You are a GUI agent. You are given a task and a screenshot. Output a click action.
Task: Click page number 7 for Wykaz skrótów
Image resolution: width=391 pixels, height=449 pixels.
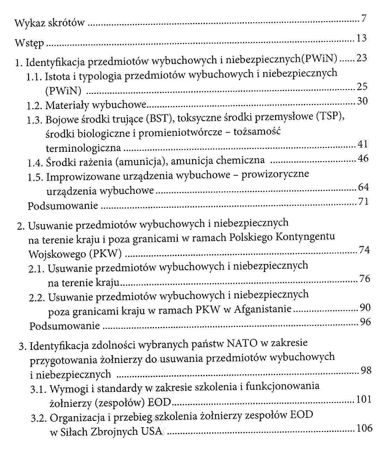pos(363,19)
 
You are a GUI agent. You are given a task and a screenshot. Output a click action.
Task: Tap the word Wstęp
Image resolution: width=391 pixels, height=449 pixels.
pos(29,43)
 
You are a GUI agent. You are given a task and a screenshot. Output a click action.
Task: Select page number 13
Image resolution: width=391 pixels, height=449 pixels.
pos(361,38)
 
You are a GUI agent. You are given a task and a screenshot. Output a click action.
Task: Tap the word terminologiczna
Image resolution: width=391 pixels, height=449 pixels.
pos(83,148)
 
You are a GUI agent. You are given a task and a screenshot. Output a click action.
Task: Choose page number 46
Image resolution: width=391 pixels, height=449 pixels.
pos(363,159)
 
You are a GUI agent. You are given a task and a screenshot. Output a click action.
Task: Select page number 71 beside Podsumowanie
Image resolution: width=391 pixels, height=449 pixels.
pos(363,201)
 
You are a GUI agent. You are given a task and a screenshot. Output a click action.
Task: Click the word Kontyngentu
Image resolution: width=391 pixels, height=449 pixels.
pos(305,237)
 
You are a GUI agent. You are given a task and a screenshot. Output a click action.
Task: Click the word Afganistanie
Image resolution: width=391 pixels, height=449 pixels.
pos(263,309)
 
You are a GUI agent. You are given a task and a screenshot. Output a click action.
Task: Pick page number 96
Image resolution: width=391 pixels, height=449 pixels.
pos(365,322)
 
